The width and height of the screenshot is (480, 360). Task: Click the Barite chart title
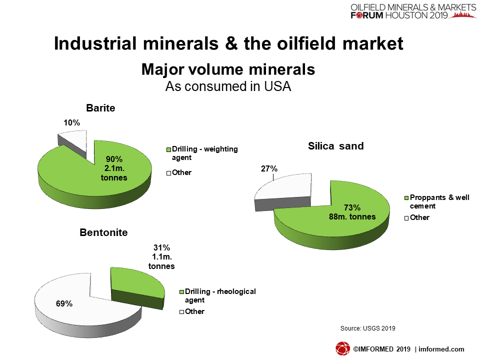100,108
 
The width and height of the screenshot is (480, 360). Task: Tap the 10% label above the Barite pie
71,123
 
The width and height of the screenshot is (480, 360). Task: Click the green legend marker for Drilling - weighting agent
168,149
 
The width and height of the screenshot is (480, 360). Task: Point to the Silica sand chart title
336,146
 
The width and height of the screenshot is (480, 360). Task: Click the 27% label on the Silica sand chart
269,168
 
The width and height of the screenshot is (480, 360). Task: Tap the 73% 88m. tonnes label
352,212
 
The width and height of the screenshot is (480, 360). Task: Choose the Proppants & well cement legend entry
437,201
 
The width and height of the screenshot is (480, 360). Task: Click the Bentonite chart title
103,232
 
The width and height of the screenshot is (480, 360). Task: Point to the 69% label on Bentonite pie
64,303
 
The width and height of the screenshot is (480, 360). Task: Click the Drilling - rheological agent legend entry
217,295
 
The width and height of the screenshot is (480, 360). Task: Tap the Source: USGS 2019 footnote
367,328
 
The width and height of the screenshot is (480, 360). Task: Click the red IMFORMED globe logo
342,348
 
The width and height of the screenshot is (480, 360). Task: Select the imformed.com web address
441,349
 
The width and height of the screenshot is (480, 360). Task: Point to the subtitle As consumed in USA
228,86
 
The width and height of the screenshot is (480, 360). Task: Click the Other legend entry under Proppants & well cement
417,217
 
